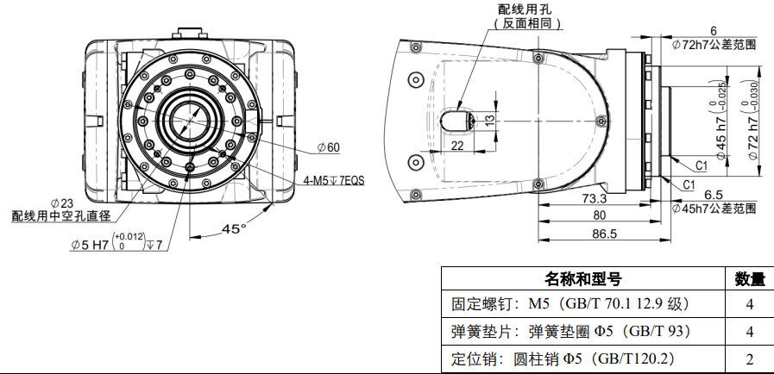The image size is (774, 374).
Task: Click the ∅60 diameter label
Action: click(329, 147)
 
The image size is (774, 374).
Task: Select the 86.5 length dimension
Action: click(604, 234)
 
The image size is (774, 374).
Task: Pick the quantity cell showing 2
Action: click(748, 358)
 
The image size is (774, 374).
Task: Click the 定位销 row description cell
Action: click(562, 358)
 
